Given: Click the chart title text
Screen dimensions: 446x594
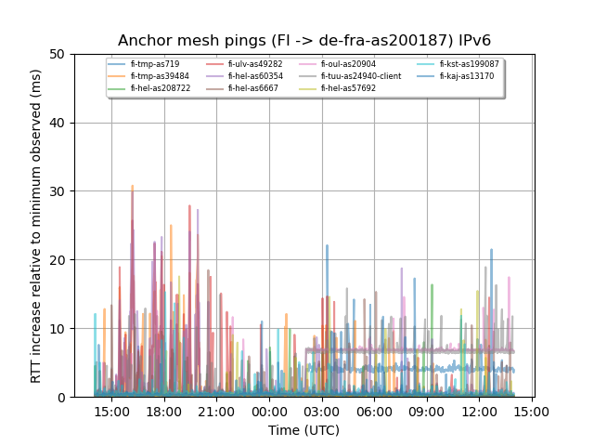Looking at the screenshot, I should pyautogui.click(x=303, y=41).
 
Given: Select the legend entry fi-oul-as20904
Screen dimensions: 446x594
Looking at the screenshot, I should pyautogui.click(x=349, y=64).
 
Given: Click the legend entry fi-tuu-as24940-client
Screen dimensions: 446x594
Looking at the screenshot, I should pyautogui.click(x=361, y=76).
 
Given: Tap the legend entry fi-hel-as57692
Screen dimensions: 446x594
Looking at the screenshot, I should pyautogui.click(x=349, y=88).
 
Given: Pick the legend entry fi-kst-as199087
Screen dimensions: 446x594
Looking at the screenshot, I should pyautogui.click(x=470, y=64).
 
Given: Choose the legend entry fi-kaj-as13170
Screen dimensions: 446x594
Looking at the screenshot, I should pyautogui.click(x=467, y=76).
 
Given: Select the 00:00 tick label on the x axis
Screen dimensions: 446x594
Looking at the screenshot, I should pyautogui.click(x=269, y=412).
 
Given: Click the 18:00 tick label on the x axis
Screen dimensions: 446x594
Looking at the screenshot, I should pyautogui.click(x=164, y=412).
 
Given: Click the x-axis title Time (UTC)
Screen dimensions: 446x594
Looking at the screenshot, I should pyautogui.click(x=303, y=430).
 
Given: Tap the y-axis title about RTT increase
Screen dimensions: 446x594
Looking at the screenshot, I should pyautogui.click(x=36, y=226).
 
